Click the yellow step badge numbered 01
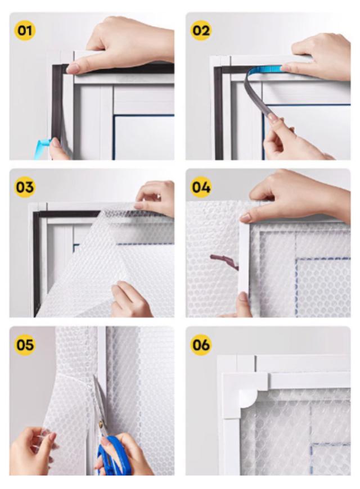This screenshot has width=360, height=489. click(25, 30)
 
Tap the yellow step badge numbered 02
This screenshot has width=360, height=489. click(200, 30)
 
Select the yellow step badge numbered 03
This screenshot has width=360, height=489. click(25, 187)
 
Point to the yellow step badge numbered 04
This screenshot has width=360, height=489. click(200, 187)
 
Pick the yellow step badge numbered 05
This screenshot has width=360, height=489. click(25, 345)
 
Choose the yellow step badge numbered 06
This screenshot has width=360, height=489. click(200, 345)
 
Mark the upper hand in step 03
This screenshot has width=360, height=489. click(155, 197)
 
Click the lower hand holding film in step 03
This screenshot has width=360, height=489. click(131, 300)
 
